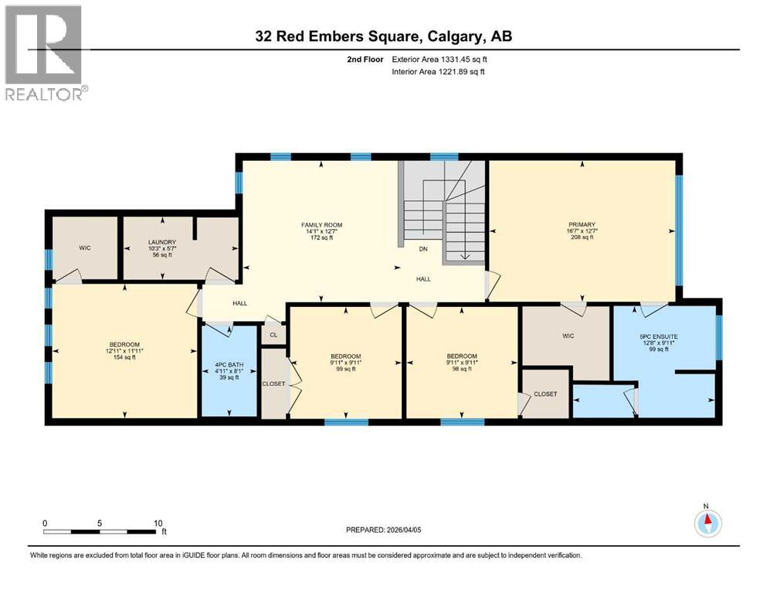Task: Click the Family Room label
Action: pyautogui.click(x=321, y=230)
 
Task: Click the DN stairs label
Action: pyautogui.click(x=423, y=250)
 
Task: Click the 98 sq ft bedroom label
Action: pyautogui.click(x=461, y=363)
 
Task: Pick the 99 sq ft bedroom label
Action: pyautogui.click(x=345, y=363)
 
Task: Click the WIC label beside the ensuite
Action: pyautogui.click(x=564, y=337)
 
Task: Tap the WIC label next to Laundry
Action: pyautogui.click(x=85, y=248)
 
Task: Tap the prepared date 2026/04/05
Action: pyautogui.click(x=384, y=530)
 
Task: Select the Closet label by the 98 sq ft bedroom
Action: pyautogui.click(x=545, y=394)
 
